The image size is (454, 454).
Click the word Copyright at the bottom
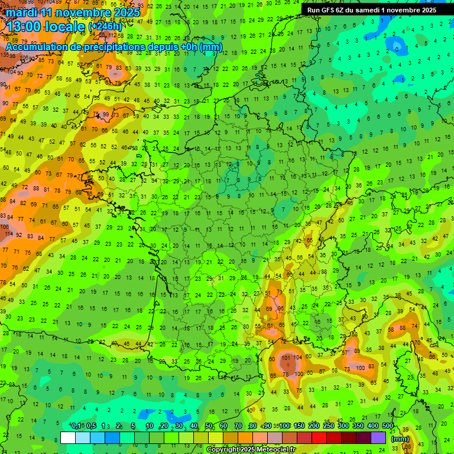click(x=224, y=450)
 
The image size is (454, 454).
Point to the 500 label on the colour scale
click(x=387, y=426)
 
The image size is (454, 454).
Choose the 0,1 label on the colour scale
click(x=76, y=426)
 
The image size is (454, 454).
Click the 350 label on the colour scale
click(x=358, y=426)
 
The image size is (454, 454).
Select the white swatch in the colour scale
click(x=68, y=437)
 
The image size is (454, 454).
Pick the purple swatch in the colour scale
click(x=379, y=437)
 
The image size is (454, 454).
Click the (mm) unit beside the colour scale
click(x=400, y=439)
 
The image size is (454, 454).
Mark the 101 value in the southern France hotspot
click(x=286, y=358)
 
